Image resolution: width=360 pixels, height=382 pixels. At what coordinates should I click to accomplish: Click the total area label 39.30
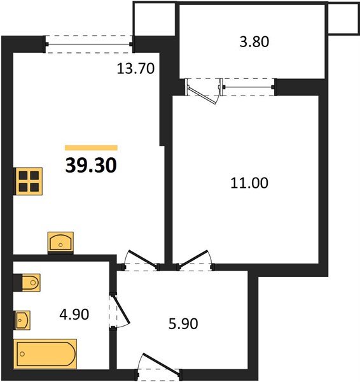click(91, 166)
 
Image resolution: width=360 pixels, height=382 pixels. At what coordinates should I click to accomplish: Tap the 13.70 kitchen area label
click(135, 69)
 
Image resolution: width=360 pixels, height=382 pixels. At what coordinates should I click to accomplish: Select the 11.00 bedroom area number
click(249, 183)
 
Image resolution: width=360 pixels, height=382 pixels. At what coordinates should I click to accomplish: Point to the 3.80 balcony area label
click(254, 41)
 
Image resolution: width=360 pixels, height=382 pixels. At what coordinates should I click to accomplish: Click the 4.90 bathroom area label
click(74, 315)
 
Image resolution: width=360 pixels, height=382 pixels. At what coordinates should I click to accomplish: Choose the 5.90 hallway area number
click(183, 324)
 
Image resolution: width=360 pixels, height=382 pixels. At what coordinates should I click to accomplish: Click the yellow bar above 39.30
click(92, 148)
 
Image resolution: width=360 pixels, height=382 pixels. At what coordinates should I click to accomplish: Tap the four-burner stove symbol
click(28, 181)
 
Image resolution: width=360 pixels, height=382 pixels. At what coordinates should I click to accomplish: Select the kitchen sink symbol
click(60, 242)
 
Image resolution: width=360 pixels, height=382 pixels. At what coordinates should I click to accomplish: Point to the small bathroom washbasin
click(22, 320)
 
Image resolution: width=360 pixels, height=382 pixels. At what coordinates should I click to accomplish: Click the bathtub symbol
click(45, 354)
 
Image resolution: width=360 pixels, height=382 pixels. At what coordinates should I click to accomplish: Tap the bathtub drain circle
click(22, 354)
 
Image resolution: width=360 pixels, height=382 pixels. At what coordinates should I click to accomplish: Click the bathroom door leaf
click(121, 310)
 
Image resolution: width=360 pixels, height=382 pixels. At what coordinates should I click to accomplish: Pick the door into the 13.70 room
click(142, 258)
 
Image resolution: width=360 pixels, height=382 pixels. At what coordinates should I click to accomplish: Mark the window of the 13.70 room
click(89, 45)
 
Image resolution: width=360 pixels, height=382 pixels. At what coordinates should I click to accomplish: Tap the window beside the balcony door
click(248, 87)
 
